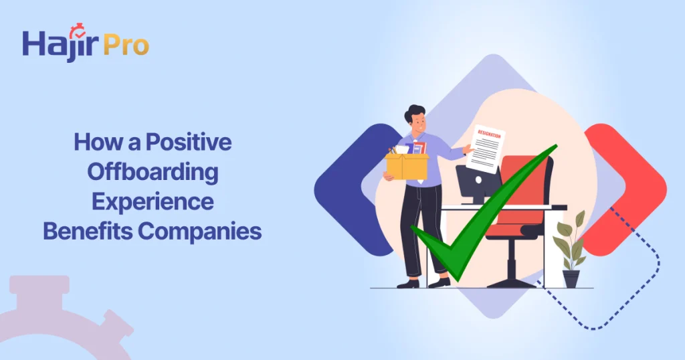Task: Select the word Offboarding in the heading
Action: (x=153, y=172)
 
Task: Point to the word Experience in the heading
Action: (x=153, y=201)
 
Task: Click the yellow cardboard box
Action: (x=407, y=165)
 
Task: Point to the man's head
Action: (x=415, y=118)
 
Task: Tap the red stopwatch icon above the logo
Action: (x=78, y=29)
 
